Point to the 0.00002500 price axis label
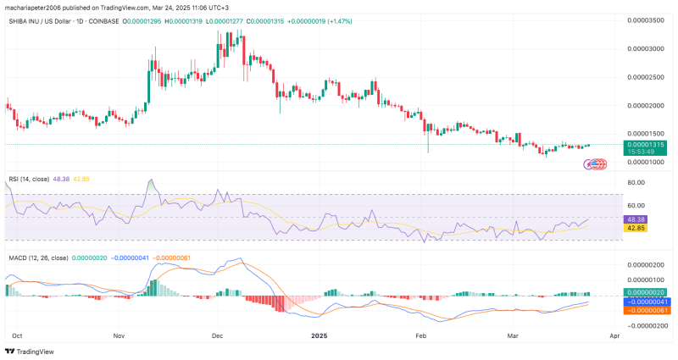click(x=646, y=77)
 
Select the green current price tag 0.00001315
click(x=646, y=145)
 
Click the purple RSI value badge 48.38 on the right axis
click(x=636, y=218)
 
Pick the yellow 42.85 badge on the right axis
click(x=636, y=228)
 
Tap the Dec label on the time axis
click(x=218, y=335)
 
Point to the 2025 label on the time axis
click(x=320, y=335)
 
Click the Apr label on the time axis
click(x=614, y=335)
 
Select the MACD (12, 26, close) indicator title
click(x=37, y=257)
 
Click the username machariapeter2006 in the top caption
click(x=40, y=6)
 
